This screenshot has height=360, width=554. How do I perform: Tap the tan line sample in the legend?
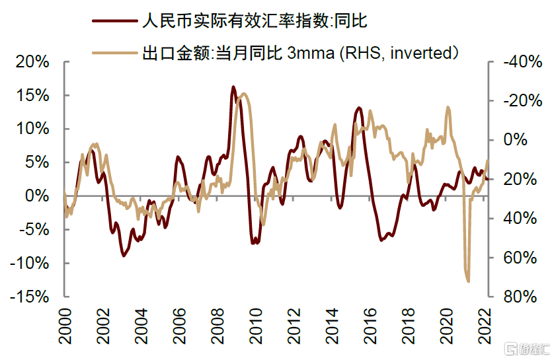(x=114, y=52)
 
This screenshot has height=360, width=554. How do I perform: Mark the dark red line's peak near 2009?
(x=233, y=87)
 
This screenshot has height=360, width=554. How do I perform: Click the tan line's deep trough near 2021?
(x=468, y=281)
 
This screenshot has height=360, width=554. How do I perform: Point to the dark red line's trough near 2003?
(x=124, y=255)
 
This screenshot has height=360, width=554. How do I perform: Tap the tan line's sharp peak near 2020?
(x=448, y=107)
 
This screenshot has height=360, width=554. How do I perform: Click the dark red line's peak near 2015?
(x=358, y=108)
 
